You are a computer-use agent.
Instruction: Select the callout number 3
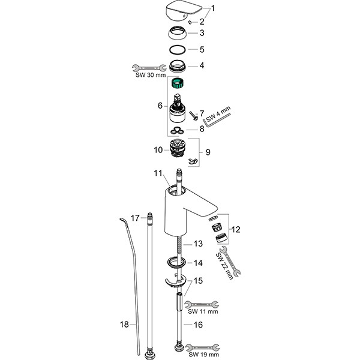[202, 32]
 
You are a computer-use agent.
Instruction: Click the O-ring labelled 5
[176, 50]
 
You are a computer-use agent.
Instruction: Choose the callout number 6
[160, 106]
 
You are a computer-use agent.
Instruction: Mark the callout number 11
[158, 173]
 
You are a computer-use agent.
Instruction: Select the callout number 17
[135, 217]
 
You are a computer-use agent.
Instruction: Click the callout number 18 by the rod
[125, 325]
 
